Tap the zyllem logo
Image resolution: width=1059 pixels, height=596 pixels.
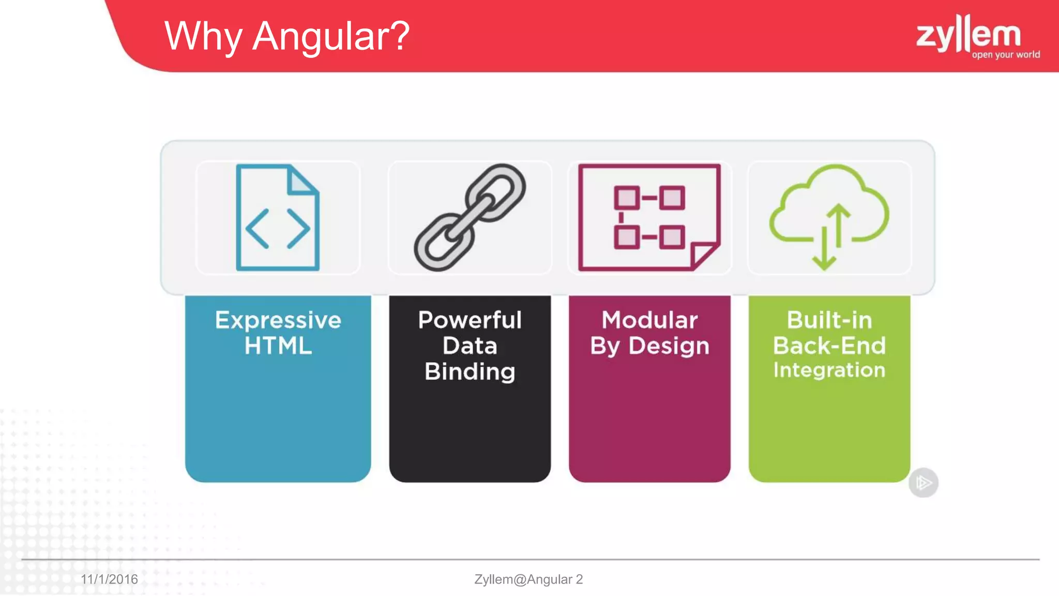tap(968, 33)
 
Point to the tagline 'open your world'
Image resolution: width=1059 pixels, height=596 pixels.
tap(1005, 55)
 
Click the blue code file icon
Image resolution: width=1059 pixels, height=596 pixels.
tap(278, 217)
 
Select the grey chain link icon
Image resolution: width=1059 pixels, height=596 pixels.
tap(470, 217)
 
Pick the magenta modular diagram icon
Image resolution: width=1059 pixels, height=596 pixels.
tap(649, 217)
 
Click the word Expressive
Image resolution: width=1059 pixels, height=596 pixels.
tap(278, 320)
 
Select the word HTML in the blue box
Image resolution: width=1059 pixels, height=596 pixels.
tap(278, 346)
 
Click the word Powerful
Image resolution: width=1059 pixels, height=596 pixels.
tap(470, 320)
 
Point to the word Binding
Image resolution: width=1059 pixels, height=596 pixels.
tap(470, 371)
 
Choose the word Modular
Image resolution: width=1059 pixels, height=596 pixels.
tap(649, 320)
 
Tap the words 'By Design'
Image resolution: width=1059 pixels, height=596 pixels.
tap(649, 346)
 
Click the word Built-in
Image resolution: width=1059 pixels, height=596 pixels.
tap(829, 320)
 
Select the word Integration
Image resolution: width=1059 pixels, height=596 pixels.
tap(829, 370)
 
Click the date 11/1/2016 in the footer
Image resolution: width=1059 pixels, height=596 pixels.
tap(109, 579)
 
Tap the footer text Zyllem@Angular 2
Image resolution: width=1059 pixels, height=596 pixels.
tap(528, 579)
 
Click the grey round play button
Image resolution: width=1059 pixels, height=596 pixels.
tap(924, 483)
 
